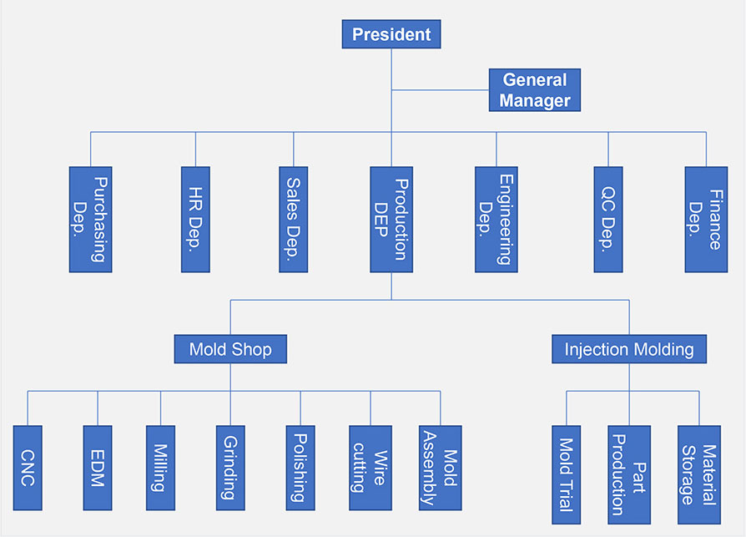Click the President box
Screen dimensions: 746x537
[x=391, y=34]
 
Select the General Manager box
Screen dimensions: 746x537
[x=535, y=90]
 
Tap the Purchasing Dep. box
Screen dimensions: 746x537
[x=90, y=220]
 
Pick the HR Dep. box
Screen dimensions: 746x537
[x=195, y=220]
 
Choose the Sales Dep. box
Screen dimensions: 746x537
[x=294, y=220]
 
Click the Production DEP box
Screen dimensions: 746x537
[x=391, y=220]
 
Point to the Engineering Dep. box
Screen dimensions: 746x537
[x=496, y=220]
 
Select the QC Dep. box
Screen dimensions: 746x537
[x=608, y=220]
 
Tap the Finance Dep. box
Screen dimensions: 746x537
[x=706, y=220]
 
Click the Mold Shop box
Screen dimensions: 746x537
[x=230, y=349]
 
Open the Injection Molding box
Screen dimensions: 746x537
[x=629, y=349]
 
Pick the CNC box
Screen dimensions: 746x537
[x=28, y=468]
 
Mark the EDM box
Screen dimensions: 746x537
[x=98, y=468]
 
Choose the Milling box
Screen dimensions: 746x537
[x=160, y=468]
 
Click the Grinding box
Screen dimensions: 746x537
[x=230, y=468]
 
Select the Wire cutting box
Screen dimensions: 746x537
[x=370, y=468]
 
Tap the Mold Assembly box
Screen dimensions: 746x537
[x=440, y=468]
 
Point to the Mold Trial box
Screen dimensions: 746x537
[x=566, y=474]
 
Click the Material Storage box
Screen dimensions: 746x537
[x=699, y=474]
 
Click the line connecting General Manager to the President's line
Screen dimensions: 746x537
[x=440, y=90]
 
